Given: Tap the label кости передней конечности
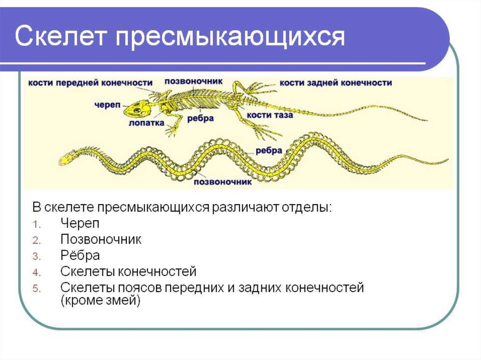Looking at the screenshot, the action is click(x=90, y=83).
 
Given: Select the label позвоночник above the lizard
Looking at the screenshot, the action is click(x=193, y=81).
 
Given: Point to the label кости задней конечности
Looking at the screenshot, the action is click(x=336, y=83).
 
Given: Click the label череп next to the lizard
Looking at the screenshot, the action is click(x=108, y=105).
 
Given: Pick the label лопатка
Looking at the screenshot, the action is click(x=147, y=123).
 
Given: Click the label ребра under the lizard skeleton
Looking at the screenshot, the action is click(x=200, y=118).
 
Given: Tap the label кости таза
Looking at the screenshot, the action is click(x=270, y=115).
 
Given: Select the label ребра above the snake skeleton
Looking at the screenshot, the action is click(x=269, y=151).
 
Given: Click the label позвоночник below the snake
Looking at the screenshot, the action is click(x=222, y=182).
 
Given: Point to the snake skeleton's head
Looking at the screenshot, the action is click(x=65, y=159).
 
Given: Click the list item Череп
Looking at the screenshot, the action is click(x=80, y=223).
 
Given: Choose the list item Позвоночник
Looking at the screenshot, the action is click(x=101, y=239).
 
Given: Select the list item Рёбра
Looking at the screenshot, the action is click(x=80, y=255).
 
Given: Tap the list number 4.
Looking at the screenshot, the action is click(x=37, y=273).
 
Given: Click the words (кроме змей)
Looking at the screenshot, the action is click(x=101, y=300).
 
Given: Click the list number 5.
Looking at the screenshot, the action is click(x=37, y=289).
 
